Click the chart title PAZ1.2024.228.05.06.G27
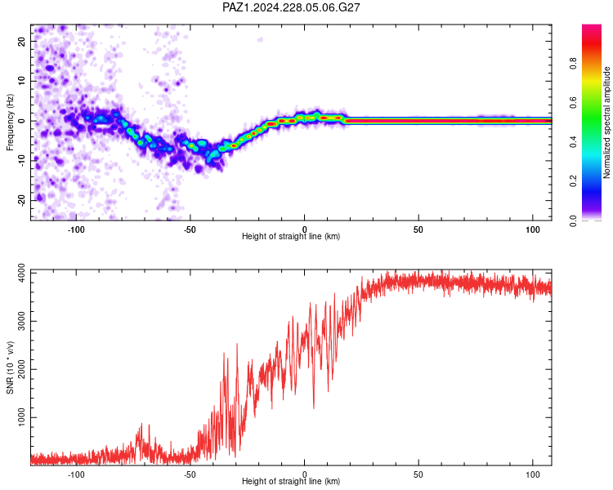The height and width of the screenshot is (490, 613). tap(291, 7)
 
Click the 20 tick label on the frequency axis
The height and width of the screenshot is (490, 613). tap(21, 41)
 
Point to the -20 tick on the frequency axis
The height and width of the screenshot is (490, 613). tap(21, 200)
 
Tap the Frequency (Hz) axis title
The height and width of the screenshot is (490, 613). tap(10, 122)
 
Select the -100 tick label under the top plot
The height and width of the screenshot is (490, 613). tap(76, 229)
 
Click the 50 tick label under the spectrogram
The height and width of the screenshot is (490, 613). tap(418, 229)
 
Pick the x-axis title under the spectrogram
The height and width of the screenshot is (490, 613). tap(291, 236)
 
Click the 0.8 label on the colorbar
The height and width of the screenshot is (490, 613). tap(573, 63)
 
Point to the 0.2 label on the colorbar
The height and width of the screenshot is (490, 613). tap(573, 180)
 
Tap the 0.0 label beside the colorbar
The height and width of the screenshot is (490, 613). tap(573, 220)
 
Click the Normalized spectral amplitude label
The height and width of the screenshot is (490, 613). tap(606, 122)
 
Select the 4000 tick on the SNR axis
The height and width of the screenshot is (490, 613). tap(21, 274)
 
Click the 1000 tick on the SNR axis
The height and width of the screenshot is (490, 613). tap(21, 417)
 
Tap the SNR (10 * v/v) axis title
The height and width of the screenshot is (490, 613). tap(10, 367)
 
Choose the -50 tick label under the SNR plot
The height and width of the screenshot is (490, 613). tap(190, 474)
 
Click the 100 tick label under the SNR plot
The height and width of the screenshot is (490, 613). tap(533, 474)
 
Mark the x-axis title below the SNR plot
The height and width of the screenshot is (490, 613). tap(291, 481)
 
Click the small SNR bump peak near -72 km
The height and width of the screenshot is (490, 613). tap(141, 424)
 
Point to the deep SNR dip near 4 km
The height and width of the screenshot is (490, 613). tap(314, 408)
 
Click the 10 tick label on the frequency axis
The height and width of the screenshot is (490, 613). tap(21, 81)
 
